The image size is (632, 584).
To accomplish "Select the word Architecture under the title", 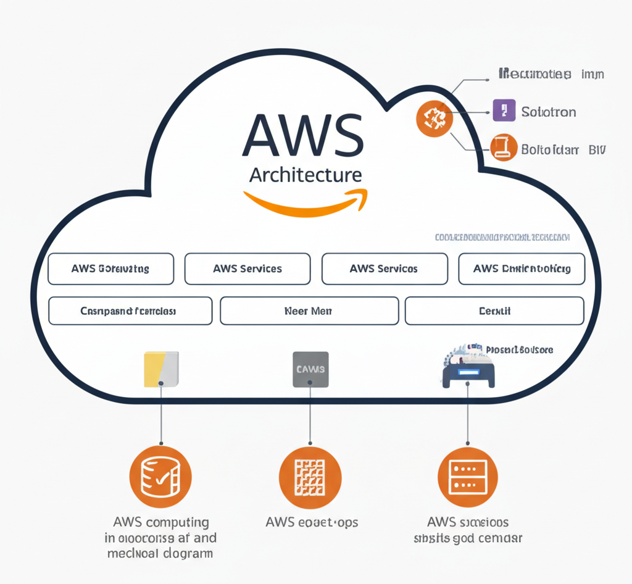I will (x=305, y=175).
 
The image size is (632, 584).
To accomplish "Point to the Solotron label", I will (x=549, y=112).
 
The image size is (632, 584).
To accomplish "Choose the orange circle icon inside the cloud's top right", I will (x=435, y=119).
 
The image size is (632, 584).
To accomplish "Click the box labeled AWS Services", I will (x=247, y=269).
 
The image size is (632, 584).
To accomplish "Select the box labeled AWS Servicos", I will (x=385, y=269).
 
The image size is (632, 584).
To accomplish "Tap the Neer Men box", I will (x=309, y=311).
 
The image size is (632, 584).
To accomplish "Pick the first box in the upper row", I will (x=110, y=269).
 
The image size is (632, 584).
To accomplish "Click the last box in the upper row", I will (x=522, y=269).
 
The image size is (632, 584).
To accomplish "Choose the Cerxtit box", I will (x=494, y=311).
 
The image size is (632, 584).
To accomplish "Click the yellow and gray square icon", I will (x=161, y=369).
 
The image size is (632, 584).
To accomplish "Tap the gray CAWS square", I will (x=310, y=369).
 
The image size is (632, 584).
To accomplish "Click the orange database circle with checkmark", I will (x=160, y=477).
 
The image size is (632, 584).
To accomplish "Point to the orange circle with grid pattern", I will (x=310, y=477).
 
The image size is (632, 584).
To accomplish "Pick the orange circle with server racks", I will (x=468, y=477).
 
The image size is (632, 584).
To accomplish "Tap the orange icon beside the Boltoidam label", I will (x=504, y=148).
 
